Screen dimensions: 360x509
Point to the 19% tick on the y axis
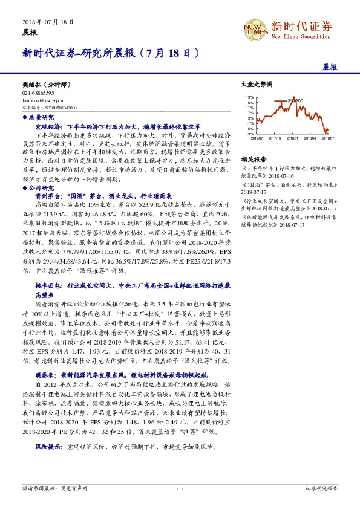[x=250, y=97]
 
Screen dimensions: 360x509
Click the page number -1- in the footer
[x=180, y=487]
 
